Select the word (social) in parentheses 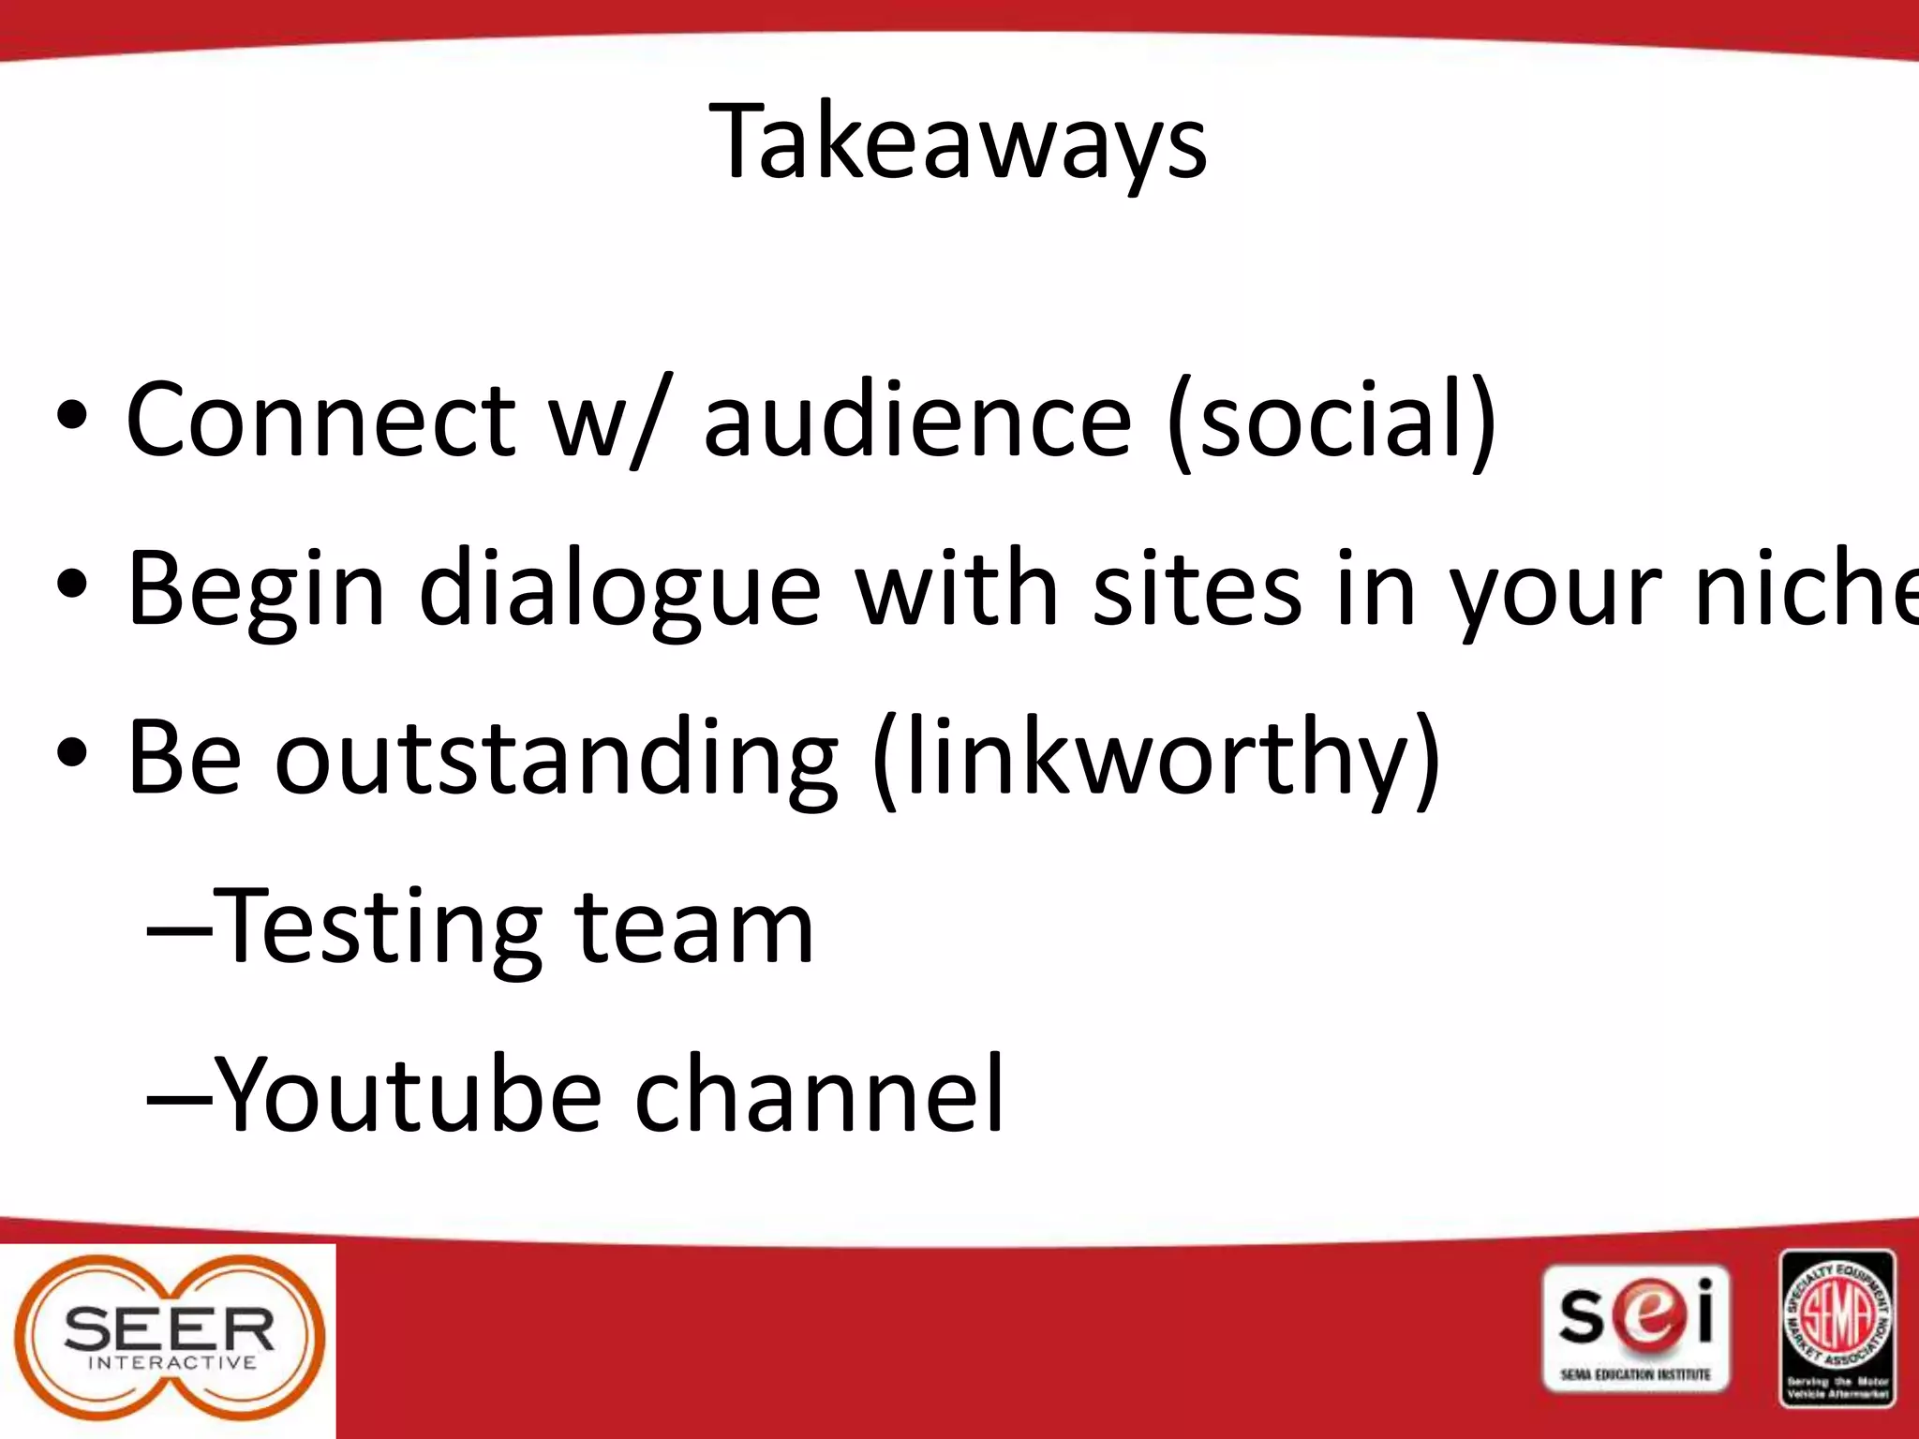coord(1331,422)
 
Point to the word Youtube coord(409,1094)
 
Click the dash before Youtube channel coord(178,1094)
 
